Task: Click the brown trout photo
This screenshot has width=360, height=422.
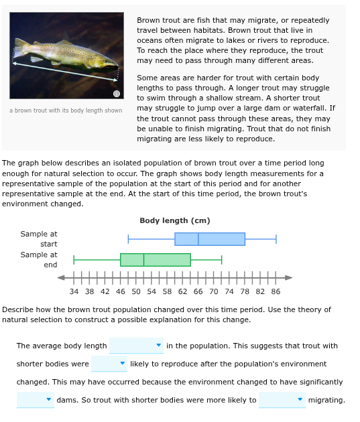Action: click(66, 56)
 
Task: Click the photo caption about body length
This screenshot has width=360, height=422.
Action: click(66, 111)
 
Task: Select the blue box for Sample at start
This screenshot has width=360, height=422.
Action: click(210, 239)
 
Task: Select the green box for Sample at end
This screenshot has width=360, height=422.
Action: click(156, 260)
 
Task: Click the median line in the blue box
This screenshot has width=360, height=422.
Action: click(198, 239)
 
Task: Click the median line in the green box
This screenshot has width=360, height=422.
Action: click(144, 260)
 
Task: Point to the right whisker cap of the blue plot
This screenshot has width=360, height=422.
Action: click(276, 239)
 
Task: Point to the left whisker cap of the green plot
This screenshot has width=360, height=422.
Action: click(74, 260)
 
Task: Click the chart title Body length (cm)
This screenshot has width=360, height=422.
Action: click(175, 221)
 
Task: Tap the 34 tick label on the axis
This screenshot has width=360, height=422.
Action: click(74, 292)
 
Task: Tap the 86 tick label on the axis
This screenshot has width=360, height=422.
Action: click(276, 292)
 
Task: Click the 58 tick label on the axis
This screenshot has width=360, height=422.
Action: click(167, 292)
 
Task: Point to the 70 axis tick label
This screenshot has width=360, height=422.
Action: click(213, 292)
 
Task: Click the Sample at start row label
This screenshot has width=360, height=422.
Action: click(39, 238)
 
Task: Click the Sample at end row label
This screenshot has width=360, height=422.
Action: click(39, 259)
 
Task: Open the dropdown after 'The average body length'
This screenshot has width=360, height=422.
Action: click(136, 346)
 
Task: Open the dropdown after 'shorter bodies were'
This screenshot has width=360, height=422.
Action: click(109, 364)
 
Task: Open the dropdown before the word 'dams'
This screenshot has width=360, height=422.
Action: click(35, 400)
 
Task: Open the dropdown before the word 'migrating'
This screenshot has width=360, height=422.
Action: click(282, 400)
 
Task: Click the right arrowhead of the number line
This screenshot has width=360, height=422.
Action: click(289, 277)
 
